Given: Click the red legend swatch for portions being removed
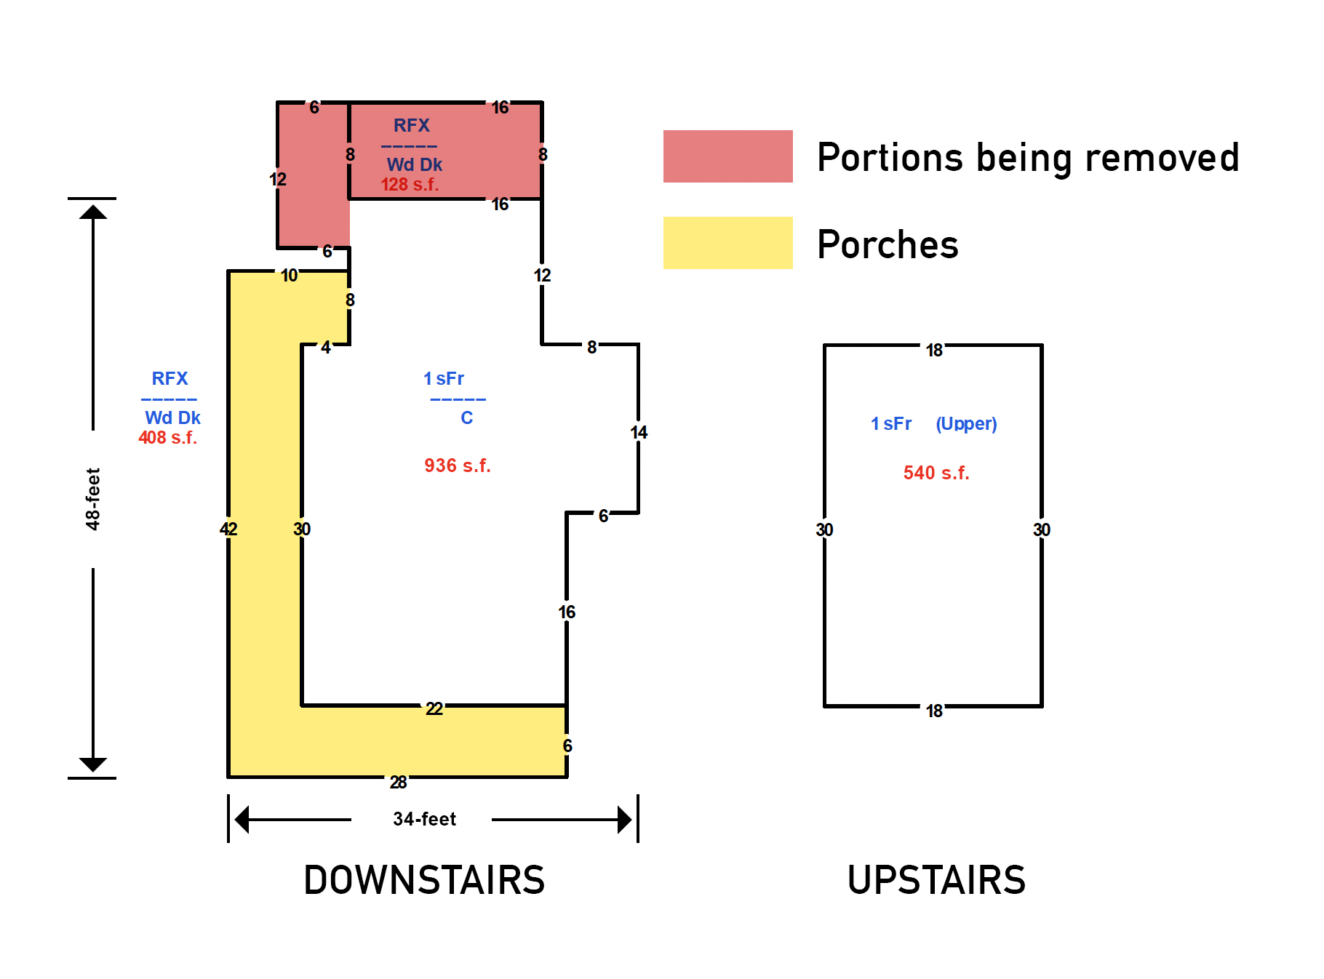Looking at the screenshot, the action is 727,156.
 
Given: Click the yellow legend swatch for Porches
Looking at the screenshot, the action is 727,243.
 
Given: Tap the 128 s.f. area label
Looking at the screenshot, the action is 410,185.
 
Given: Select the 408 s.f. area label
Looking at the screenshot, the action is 167,438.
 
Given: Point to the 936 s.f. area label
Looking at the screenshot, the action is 458,465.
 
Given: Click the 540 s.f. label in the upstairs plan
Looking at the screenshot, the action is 936,473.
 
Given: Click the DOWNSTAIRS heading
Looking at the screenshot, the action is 424,880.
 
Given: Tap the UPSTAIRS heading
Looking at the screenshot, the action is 936,880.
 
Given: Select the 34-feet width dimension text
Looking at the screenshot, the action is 424,819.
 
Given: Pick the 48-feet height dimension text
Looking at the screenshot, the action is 92,499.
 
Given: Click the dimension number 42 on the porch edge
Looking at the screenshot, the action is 228,529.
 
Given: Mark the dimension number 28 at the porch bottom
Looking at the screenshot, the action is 398,782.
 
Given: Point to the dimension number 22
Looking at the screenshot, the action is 434,708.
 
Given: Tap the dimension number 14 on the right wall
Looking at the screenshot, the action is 639,433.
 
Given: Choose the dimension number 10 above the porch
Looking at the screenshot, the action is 290,276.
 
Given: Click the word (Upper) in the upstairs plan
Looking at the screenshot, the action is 966,424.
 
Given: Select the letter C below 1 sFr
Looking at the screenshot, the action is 467,418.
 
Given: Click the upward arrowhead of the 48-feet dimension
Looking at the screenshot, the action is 93,212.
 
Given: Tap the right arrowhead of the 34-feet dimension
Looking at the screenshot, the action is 625,820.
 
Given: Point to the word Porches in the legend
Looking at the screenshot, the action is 888,244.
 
